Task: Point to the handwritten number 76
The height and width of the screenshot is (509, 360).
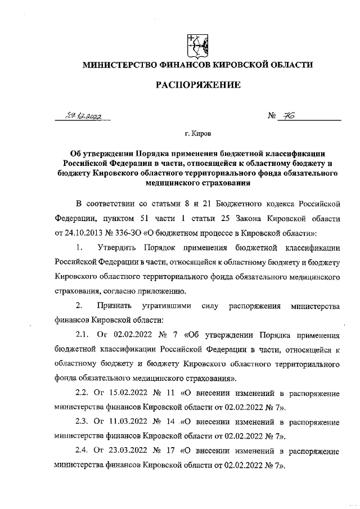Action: point(291,116)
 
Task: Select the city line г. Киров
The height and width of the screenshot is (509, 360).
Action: point(198,135)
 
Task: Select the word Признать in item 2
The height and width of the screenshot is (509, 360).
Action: point(114,305)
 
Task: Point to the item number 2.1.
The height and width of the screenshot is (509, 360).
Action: point(83,335)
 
